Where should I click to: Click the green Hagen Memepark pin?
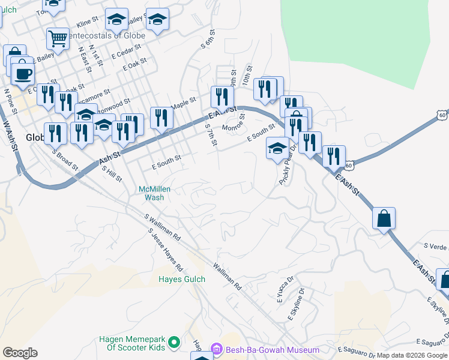tap(174, 343)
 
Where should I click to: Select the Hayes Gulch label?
tap(182, 279)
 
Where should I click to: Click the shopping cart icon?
tap(58, 38)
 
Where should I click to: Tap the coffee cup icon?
tap(23, 73)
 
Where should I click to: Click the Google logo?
tap(20, 353)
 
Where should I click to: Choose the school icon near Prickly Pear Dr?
tap(277, 148)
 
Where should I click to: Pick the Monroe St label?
tap(234, 124)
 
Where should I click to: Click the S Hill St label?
tap(112, 175)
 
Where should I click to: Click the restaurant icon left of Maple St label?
tap(161, 118)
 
